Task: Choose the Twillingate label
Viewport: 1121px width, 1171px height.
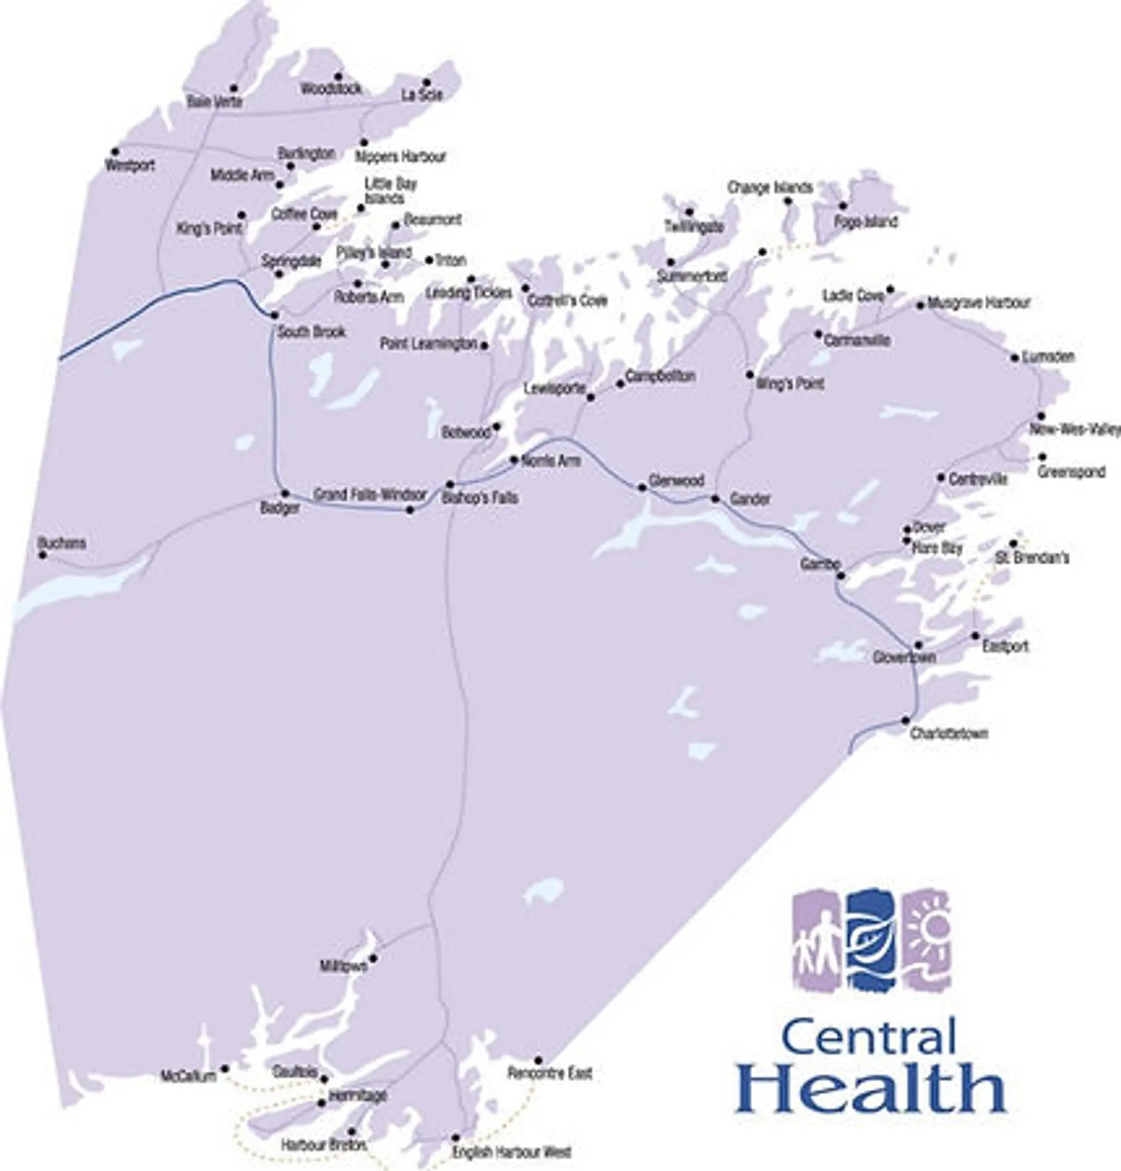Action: tap(695, 227)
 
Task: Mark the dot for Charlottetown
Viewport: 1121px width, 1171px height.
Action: tap(905, 721)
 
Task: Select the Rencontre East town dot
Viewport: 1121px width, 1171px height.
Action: tap(538, 1060)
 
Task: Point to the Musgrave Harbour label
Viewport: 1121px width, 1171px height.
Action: tap(979, 303)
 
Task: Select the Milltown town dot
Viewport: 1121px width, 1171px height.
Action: tap(373, 958)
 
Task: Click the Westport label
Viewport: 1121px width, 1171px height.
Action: tap(130, 165)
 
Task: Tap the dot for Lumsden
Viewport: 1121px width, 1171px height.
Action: tap(1015, 358)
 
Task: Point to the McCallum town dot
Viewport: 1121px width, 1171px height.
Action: tap(225, 1068)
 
